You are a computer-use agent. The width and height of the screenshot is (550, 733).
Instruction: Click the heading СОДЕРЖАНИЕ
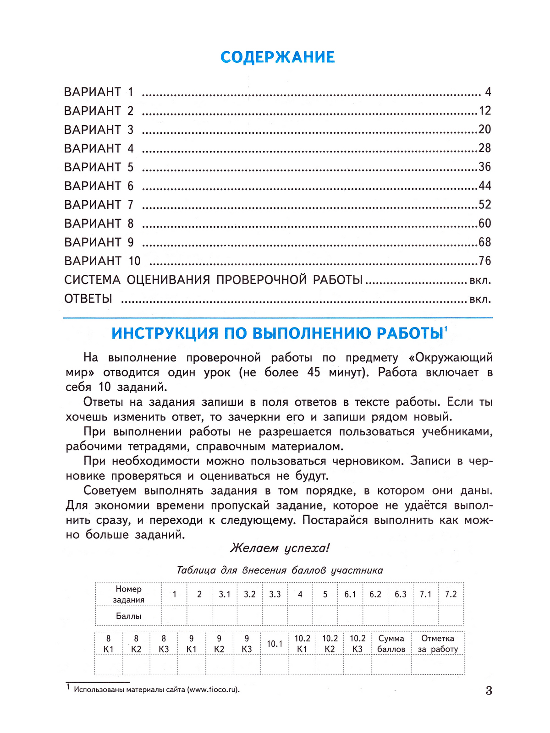(x=277, y=57)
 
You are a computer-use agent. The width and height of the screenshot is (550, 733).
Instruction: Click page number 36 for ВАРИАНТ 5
(x=484, y=167)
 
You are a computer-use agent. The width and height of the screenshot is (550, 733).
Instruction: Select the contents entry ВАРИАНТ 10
(x=102, y=261)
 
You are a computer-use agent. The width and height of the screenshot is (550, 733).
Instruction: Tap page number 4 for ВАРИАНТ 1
(x=488, y=92)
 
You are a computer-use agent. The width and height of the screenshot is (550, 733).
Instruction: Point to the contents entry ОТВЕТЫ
(x=88, y=299)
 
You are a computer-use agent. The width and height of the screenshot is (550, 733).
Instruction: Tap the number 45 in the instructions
(x=313, y=372)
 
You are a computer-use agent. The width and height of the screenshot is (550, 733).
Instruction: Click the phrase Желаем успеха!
(x=280, y=547)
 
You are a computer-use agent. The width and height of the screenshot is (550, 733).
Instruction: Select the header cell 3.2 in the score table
(x=249, y=594)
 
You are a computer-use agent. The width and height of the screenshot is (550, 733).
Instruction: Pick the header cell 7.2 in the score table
(x=451, y=594)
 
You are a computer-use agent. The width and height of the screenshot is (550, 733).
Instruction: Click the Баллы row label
(x=128, y=616)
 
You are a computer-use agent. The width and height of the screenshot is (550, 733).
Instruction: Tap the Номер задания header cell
(x=128, y=594)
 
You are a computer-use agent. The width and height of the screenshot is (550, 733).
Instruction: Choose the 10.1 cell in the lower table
(x=275, y=644)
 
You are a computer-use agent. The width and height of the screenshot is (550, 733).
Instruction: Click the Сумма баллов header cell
(x=391, y=644)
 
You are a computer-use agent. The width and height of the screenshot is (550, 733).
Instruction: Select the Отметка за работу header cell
(x=438, y=644)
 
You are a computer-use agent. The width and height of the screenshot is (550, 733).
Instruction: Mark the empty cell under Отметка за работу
(x=438, y=665)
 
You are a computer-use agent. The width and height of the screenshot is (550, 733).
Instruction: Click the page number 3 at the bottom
(x=489, y=690)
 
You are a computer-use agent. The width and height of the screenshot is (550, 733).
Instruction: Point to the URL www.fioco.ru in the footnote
(x=213, y=689)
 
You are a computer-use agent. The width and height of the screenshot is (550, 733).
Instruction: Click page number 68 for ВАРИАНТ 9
(x=484, y=242)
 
